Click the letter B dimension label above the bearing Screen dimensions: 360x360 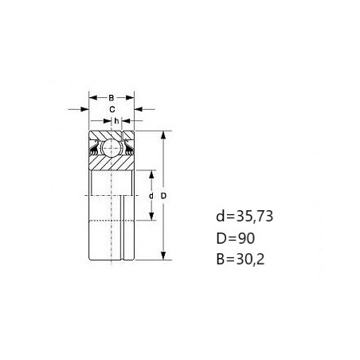112,98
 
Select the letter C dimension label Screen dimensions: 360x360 112,109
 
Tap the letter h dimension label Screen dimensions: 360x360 116,121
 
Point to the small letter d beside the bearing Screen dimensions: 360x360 151,196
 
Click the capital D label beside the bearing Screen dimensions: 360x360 163,196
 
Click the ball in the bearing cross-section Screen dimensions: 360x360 111,148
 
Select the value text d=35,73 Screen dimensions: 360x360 245,216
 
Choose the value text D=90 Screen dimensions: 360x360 236,238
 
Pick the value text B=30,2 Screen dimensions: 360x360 241,259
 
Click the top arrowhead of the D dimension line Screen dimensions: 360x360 163,135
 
